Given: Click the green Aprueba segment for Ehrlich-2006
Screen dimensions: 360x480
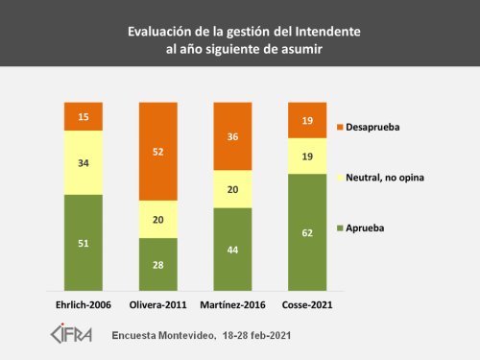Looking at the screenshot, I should (x=84, y=243).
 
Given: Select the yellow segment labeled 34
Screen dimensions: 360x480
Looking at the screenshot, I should (x=84, y=162).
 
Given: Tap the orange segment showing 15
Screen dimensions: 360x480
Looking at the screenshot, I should (x=84, y=116).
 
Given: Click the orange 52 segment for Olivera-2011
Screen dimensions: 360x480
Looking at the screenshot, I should (x=158, y=151).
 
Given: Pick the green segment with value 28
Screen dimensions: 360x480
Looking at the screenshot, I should (x=158, y=265).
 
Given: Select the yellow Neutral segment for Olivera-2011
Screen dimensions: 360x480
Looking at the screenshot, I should (x=158, y=219).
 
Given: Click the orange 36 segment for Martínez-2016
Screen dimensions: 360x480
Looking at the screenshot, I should (x=233, y=135).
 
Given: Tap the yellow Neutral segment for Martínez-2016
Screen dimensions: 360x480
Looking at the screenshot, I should (x=233, y=189).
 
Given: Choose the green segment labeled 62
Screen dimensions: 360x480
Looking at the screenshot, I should (x=308, y=232).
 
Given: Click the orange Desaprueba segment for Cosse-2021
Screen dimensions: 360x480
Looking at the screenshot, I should (x=308, y=120).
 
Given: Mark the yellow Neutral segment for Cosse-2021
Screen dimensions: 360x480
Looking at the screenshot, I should (x=308, y=156).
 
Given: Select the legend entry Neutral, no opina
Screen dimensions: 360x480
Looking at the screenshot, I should (x=384, y=179).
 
